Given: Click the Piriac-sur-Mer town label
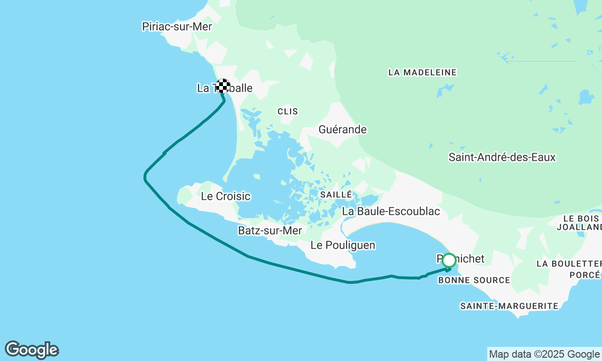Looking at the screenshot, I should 177,26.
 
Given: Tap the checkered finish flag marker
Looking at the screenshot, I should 223,86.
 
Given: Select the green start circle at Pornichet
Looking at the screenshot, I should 449,260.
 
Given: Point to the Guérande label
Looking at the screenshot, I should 342,129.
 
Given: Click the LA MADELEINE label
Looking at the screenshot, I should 422,72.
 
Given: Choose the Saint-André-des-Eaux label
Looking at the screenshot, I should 502,157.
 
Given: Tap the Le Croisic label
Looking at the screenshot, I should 226,196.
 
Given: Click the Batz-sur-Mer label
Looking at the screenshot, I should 270,230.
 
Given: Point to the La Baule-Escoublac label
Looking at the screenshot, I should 391,211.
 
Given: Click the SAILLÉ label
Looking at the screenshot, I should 336,194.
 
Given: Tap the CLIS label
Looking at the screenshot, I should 288,111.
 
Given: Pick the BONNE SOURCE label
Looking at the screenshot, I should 474,280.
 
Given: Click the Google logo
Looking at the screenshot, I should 32,350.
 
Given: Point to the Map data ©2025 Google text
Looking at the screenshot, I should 544,354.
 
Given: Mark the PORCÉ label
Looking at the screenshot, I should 585,275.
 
